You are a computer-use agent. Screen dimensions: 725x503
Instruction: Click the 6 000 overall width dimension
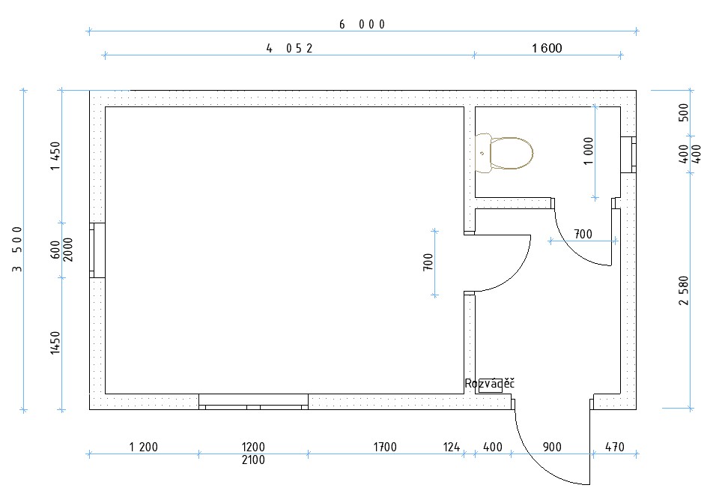pyautogui.click(x=362, y=24)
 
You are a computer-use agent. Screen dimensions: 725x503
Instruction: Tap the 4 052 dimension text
pyautogui.click(x=290, y=48)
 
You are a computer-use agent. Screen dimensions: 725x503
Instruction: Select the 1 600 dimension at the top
pyautogui.click(x=547, y=48)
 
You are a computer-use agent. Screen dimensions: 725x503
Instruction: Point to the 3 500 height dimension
pyautogui.click(x=17, y=249)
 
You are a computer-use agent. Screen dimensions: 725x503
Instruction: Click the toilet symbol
pyautogui.click(x=504, y=153)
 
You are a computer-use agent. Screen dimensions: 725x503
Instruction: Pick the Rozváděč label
pyautogui.click(x=490, y=384)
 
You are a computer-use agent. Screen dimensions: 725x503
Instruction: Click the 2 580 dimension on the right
pyautogui.click(x=684, y=291)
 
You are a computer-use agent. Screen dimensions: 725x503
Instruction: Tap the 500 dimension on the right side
pyautogui.click(x=684, y=112)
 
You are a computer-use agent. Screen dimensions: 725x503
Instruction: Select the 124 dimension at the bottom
pyautogui.click(x=452, y=447)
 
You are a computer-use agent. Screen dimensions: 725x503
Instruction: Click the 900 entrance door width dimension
pyautogui.click(x=552, y=447)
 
